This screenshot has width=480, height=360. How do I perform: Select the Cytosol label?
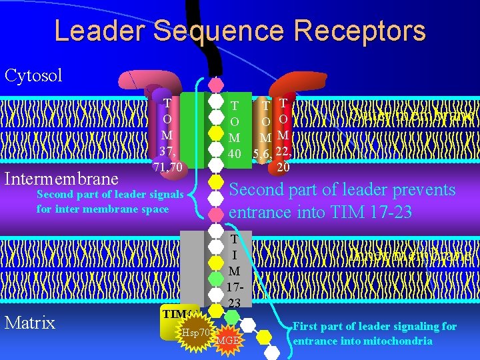pos(33,75)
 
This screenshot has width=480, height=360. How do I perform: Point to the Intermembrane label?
pos(61,179)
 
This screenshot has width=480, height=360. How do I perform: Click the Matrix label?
pos(29,323)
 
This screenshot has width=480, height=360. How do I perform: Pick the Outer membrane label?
pos(413,115)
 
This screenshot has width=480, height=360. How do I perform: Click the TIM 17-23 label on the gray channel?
pos(234,271)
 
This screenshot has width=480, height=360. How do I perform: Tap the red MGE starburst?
pos(227,341)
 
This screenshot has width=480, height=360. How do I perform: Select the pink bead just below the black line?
pos(215,85)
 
